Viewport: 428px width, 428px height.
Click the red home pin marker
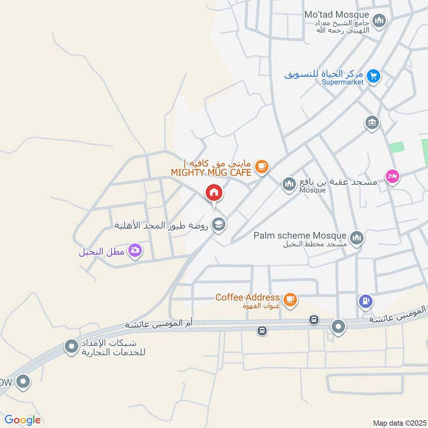pyautogui.click(x=213, y=193)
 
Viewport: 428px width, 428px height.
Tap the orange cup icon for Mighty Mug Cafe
pyautogui.click(x=261, y=166)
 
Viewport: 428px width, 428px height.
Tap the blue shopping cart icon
pyautogui.click(x=374, y=76)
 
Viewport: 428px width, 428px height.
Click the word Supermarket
pyautogui.click(x=342, y=82)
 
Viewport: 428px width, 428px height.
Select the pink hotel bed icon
pyautogui.click(x=393, y=176)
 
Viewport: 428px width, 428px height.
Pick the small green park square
pyautogui.click(x=396, y=147)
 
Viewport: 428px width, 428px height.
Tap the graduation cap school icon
pyautogui.click(x=218, y=224)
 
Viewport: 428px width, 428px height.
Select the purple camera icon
pyautogui.click(x=135, y=250)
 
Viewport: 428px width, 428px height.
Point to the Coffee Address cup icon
pyautogui.click(x=290, y=300)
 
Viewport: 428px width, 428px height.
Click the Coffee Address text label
pyautogui.click(x=247, y=297)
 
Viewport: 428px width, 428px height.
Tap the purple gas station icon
pyautogui.click(x=365, y=301)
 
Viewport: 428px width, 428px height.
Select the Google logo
pyautogui.click(x=22, y=420)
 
